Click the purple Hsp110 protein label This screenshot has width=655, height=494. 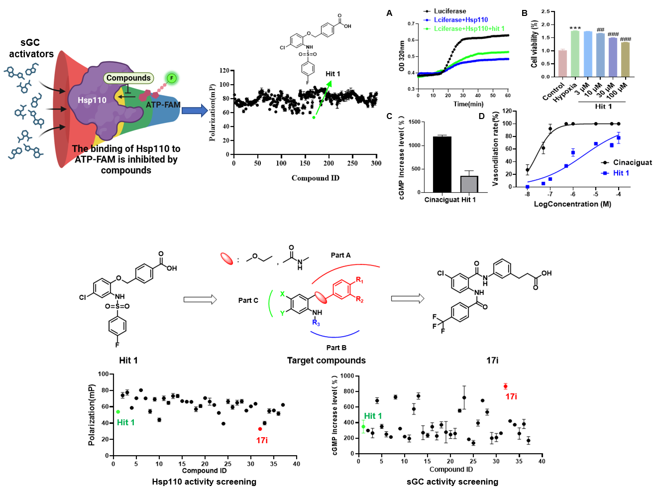[92, 100]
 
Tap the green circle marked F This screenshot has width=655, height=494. [172, 78]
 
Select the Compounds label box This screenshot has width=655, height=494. [128, 78]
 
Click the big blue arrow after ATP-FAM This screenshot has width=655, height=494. [194, 111]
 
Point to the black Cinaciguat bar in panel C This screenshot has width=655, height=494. [442, 164]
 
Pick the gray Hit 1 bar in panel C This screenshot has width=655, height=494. [469, 184]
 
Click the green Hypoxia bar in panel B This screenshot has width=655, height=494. [575, 54]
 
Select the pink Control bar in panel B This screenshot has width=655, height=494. [562, 63]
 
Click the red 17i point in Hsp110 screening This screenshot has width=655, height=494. [260, 429]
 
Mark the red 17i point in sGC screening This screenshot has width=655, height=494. [505, 386]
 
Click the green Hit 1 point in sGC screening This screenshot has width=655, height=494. [363, 426]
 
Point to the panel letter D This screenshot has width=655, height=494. [481, 116]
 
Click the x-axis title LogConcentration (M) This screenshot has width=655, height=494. [572, 204]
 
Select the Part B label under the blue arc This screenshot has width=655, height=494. [336, 348]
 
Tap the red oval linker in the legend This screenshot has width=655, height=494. [226, 258]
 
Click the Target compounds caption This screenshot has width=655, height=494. [326, 361]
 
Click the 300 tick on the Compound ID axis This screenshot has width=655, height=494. [376, 163]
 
